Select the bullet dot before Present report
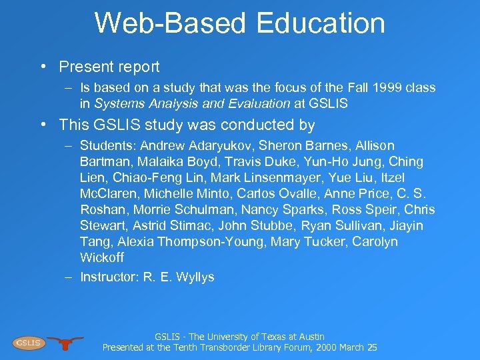tap(42, 67)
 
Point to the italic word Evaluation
tap(257, 103)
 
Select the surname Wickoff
tap(102, 257)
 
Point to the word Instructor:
tap(109, 277)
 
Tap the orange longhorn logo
tap(65, 343)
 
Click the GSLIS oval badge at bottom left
tap(28, 343)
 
